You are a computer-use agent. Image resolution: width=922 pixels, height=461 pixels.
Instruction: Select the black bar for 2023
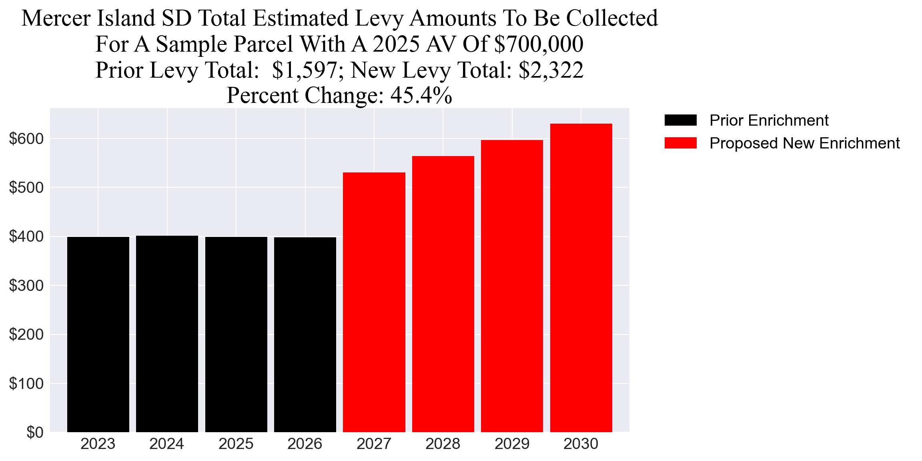pos(98,334)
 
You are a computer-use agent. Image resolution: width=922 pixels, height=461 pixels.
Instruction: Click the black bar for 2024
pos(167,334)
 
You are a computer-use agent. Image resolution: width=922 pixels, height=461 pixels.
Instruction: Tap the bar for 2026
pos(305,334)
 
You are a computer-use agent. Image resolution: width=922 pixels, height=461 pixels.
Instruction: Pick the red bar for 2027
pos(374,302)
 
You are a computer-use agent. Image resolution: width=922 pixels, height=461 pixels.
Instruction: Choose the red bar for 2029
pos(512,286)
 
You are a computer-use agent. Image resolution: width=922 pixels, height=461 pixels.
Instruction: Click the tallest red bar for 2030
pos(581,278)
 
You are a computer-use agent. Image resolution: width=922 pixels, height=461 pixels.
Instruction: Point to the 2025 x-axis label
pos(236,444)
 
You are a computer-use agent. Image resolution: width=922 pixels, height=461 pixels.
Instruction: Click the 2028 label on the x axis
pos(443,444)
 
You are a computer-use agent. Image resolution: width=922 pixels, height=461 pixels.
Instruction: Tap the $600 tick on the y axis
pos(26,139)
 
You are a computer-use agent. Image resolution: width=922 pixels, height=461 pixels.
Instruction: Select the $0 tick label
pos(35,433)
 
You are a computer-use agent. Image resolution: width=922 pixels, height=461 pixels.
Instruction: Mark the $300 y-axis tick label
pos(26,286)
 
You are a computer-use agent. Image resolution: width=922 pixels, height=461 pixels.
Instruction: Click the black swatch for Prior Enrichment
pos(680,120)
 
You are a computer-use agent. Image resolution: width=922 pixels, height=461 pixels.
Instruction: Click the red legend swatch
pos(680,143)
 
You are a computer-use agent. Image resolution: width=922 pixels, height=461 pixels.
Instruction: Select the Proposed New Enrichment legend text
pos(804,143)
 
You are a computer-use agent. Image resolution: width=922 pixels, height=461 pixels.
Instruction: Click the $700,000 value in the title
pos(539,44)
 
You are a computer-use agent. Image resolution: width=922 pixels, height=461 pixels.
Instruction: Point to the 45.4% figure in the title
pos(421,95)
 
